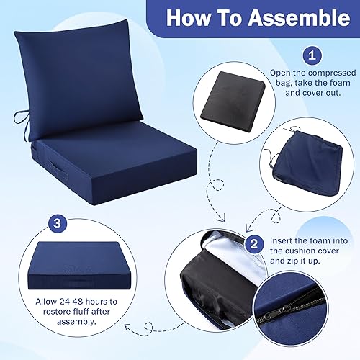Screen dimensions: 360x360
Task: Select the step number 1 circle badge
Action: tap(311, 54)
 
